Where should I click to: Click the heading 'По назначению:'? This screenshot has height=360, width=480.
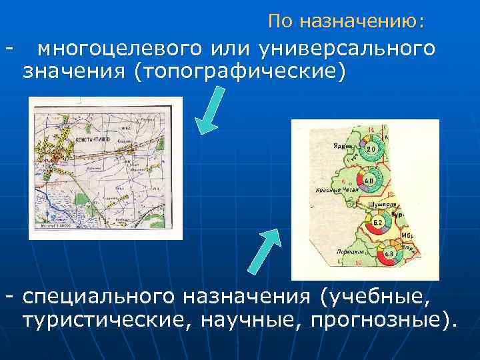coord(345,21)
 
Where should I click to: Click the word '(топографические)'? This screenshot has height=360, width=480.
coord(240,71)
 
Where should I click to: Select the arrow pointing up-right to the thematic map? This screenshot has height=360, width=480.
coord(265,250)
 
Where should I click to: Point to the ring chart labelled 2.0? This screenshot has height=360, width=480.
coord(371,148)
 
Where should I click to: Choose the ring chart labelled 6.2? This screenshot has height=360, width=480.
coord(377,221)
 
